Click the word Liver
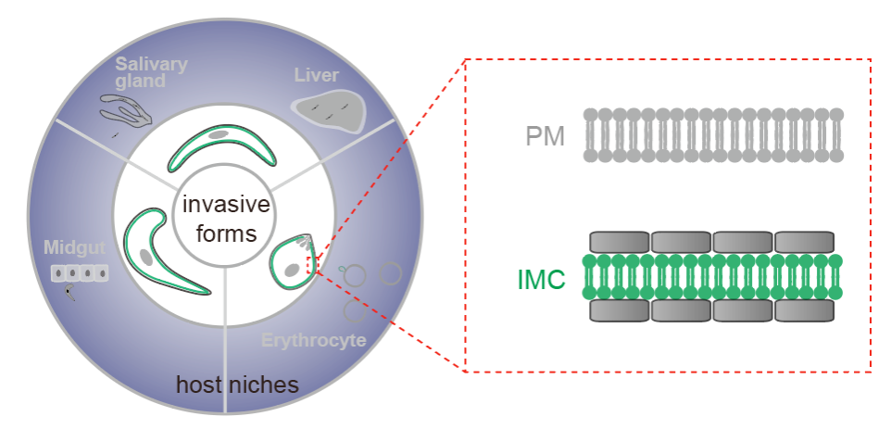(317, 74)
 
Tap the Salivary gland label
(151, 73)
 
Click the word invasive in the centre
(219, 205)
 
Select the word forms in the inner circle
(219, 233)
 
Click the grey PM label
(545, 137)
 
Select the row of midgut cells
(80, 273)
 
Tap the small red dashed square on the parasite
(312, 266)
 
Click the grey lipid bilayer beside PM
(713, 135)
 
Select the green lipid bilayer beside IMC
(713, 276)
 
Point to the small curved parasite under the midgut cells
(70, 293)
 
